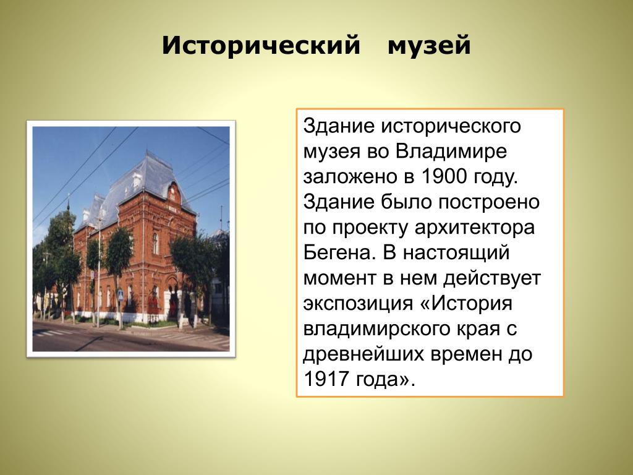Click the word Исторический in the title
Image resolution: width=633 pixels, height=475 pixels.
[261, 46]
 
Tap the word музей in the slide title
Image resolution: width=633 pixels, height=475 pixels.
[429, 46]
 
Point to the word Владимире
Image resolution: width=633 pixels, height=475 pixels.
[451, 152]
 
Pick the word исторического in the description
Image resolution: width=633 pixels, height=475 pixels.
[451, 127]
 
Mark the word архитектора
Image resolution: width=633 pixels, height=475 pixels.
[475, 228]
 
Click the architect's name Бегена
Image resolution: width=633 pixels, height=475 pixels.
[337, 253]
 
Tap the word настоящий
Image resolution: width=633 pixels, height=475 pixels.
[456, 253]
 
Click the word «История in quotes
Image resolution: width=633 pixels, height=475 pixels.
[467, 303]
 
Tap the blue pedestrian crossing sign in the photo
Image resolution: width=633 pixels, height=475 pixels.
[121, 295]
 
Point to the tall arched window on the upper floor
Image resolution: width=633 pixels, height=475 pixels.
[155, 243]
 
